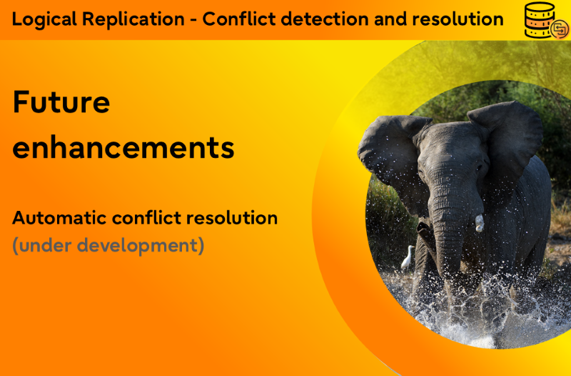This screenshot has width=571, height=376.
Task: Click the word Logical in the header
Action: [x=44, y=19]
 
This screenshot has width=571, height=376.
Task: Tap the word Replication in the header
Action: [x=133, y=19]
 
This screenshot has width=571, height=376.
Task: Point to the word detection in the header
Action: [x=325, y=19]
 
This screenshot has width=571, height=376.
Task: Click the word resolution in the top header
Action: [x=458, y=19]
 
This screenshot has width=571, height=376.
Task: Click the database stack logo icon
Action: [x=546, y=21]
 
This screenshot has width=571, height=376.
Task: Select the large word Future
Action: [x=61, y=102]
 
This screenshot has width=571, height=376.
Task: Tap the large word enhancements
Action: [x=123, y=147]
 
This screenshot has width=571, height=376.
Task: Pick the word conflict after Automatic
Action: [x=146, y=218]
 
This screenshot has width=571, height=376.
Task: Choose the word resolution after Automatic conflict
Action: [x=232, y=218]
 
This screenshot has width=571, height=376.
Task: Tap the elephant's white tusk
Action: [x=479, y=223]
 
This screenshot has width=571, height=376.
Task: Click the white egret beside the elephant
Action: [x=408, y=257]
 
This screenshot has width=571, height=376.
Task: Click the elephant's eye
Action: [x=480, y=168]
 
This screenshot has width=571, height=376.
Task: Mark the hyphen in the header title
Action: [x=193, y=20]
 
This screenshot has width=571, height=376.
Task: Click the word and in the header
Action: [x=390, y=19]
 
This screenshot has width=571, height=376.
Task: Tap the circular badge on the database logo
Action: [x=560, y=29]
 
